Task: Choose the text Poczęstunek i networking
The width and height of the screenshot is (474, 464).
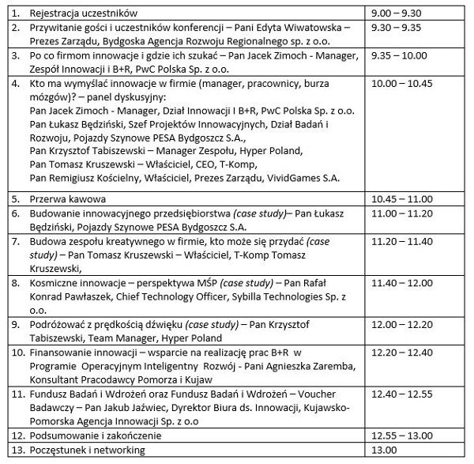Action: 87,450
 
